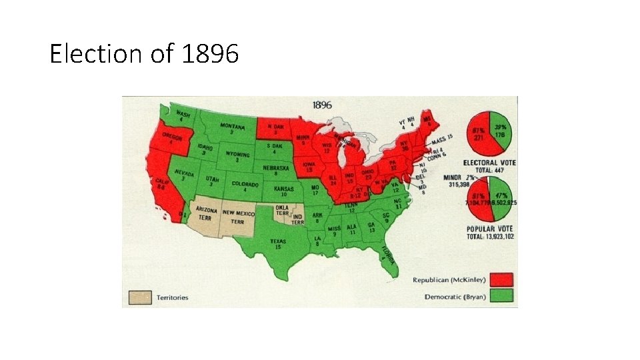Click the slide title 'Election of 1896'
144,53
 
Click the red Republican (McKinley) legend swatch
502,279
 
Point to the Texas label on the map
277,243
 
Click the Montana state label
231,128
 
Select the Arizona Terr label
207,213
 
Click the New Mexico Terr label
238,216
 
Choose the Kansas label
283,191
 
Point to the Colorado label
245,186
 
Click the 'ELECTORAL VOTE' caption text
490,163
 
